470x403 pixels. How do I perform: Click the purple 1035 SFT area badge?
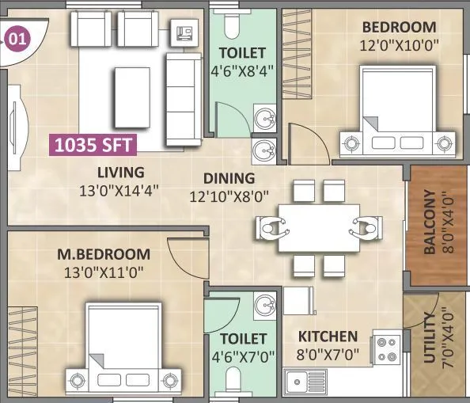[93, 144]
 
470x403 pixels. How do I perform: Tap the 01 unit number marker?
[16, 37]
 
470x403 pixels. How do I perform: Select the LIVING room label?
[120, 172]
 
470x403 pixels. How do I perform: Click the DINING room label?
[229, 178]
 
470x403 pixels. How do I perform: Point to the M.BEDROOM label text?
[104, 254]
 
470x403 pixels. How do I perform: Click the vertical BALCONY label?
[430, 222]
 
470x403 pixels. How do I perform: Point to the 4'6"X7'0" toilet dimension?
[241, 355]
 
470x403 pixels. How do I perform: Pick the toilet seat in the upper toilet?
[231, 27]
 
